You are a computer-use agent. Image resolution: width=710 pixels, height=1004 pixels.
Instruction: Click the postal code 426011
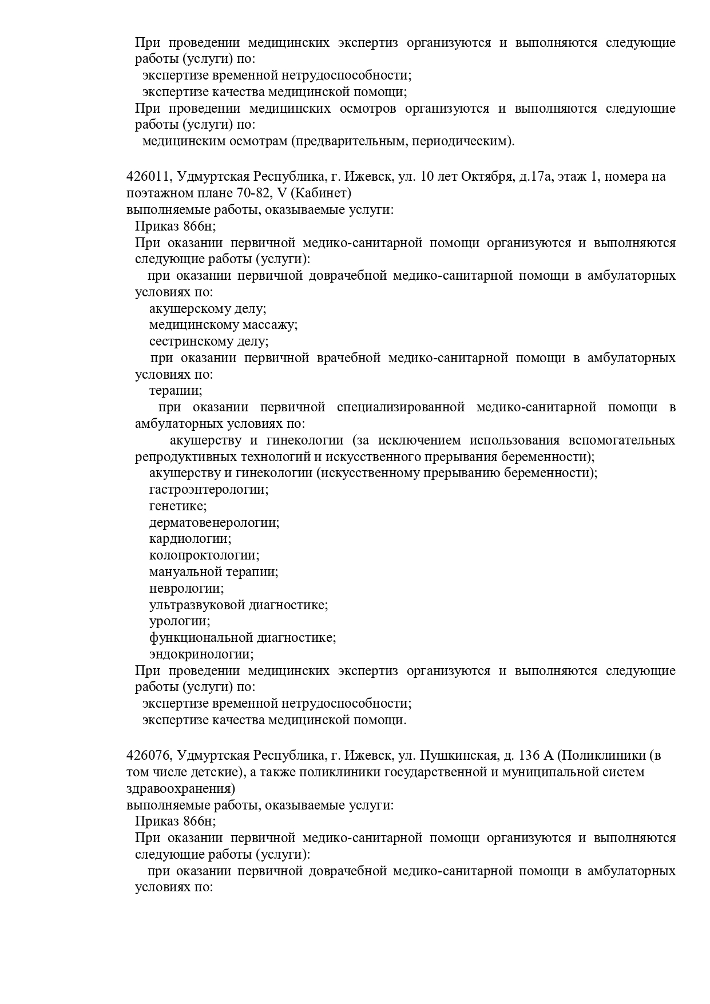[149, 177]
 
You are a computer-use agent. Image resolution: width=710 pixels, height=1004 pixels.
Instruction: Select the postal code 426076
[149, 755]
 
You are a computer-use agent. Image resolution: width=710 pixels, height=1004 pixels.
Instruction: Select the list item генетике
[178, 506]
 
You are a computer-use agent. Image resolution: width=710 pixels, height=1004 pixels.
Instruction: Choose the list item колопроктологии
[204, 555]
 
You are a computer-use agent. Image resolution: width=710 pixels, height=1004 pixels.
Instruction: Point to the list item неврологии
[187, 588]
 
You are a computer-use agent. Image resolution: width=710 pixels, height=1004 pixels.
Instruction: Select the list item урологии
[180, 621]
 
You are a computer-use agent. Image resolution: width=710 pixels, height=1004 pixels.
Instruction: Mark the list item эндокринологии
[201, 654]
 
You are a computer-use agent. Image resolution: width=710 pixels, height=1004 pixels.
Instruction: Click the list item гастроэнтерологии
[209, 490]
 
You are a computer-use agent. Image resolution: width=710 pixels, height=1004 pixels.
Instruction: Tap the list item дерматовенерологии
[214, 523]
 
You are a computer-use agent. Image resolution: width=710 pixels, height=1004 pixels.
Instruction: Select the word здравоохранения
[180, 788]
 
